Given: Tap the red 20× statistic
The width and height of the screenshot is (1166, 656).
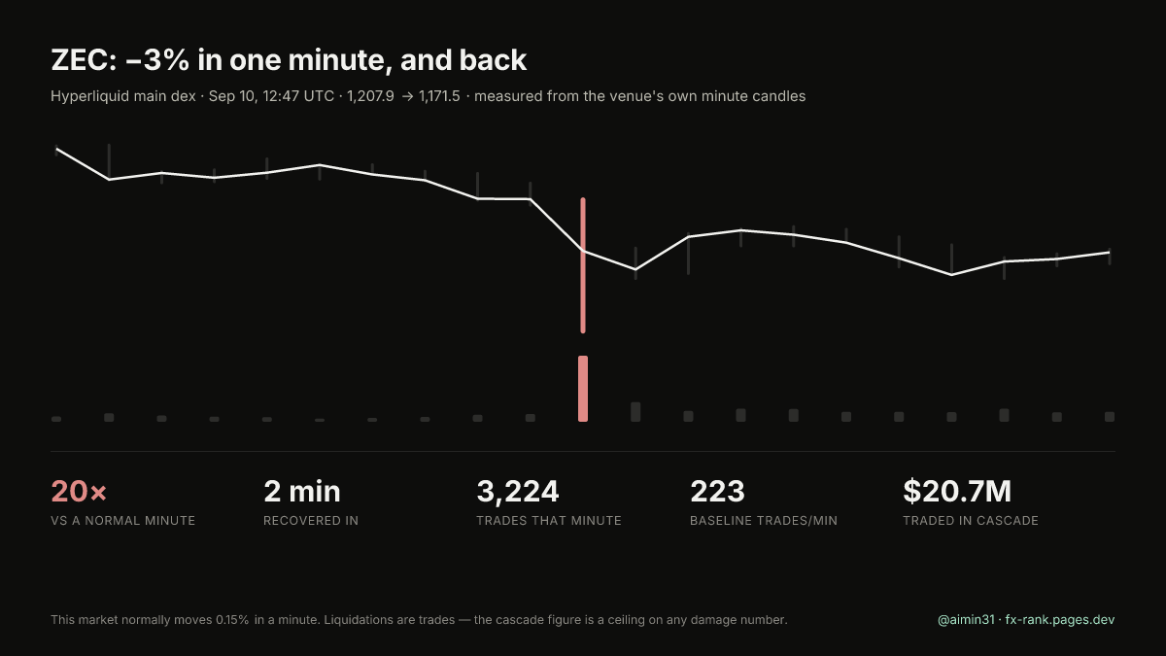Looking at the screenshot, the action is coord(79,491).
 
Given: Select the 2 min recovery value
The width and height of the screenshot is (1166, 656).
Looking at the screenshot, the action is coord(302,491).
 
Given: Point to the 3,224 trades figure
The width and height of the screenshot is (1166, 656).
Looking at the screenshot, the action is coord(517,492).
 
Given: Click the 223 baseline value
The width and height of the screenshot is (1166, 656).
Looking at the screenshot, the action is coord(717,491).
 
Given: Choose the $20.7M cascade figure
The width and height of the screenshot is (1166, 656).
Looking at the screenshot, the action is coord(957,491).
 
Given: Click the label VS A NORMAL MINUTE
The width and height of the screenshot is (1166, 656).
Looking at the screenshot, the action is coord(122,521).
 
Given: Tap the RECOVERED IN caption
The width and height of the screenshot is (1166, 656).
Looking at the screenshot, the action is coord(311,521).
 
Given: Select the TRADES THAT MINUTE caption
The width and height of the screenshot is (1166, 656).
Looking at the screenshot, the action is coord(549,521).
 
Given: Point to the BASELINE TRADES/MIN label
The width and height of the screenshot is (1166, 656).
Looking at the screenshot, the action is coord(764,521).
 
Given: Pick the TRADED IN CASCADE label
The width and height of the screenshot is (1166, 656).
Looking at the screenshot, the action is coord(971,521).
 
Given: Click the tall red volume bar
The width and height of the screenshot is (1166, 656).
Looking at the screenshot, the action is coord(583,389).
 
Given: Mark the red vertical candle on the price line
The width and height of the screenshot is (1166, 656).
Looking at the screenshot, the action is coord(583,265).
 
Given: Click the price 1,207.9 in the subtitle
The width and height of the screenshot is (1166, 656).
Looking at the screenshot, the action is coord(370,96).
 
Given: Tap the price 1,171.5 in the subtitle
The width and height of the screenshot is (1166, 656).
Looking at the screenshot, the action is coord(439,96).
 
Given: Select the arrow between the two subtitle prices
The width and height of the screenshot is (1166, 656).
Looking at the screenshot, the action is coord(407,97).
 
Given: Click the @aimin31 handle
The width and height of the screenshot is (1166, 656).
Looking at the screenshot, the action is coord(966,620).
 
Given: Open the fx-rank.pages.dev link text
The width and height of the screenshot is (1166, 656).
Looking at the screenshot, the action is coord(1060,620).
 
